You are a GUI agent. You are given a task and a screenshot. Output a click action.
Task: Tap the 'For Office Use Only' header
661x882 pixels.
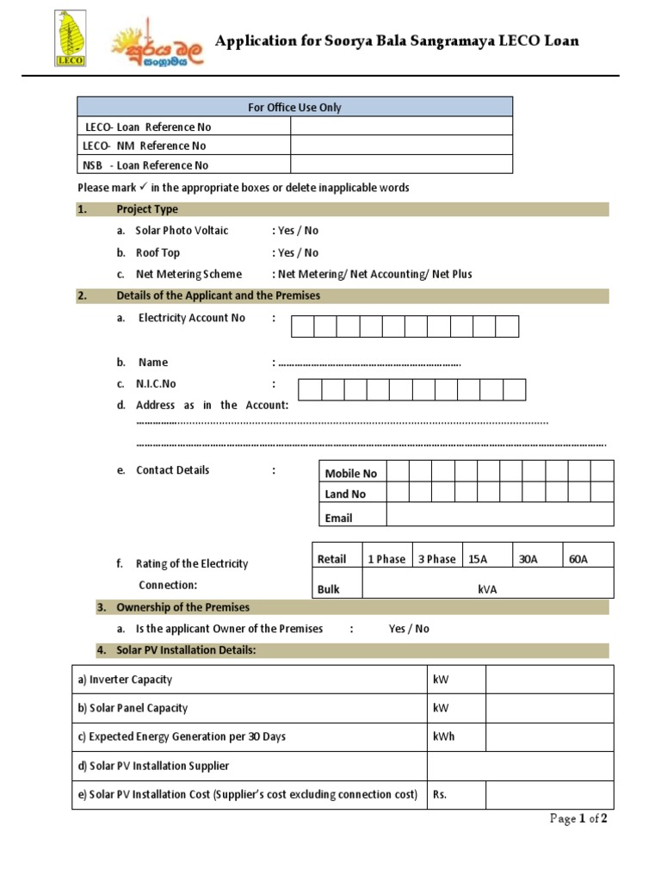pyautogui.click(x=294, y=107)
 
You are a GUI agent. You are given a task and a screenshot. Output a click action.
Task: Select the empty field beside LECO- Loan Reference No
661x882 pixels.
pyautogui.click(x=401, y=127)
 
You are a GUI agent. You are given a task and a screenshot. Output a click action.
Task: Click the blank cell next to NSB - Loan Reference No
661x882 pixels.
pyautogui.click(x=401, y=165)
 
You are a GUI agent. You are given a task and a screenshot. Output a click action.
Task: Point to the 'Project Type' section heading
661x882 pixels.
pyautogui.click(x=147, y=209)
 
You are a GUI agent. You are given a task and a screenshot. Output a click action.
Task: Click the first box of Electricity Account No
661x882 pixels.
pyautogui.click(x=302, y=326)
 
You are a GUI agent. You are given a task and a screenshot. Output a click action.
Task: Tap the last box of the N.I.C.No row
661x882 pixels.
pyautogui.click(x=514, y=390)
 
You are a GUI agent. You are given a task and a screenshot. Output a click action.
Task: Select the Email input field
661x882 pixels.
pyautogui.click(x=499, y=514)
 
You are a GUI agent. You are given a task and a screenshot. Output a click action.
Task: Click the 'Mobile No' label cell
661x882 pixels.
pyautogui.click(x=352, y=473)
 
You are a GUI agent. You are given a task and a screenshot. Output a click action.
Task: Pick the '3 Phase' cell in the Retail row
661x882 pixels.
pyautogui.click(x=436, y=559)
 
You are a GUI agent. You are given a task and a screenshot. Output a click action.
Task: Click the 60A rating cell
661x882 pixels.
pyautogui.click(x=588, y=559)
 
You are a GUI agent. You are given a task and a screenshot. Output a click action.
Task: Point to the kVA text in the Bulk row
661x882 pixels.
pyautogui.click(x=487, y=590)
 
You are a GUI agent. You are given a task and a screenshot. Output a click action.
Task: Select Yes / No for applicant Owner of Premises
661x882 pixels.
pyautogui.click(x=409, y=629)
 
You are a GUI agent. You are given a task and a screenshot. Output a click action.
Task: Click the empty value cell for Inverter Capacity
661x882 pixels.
pyautogui.click(x=549, y=680)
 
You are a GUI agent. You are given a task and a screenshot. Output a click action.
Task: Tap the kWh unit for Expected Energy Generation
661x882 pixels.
pyautogui.click(x=444, y=736)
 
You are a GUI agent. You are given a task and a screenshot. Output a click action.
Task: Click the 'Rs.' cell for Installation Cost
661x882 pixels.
pyautogui.click(x=456, y=795)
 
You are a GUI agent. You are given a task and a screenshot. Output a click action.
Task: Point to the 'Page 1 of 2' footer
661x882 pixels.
pyautogui.click(x=578, y=819)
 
